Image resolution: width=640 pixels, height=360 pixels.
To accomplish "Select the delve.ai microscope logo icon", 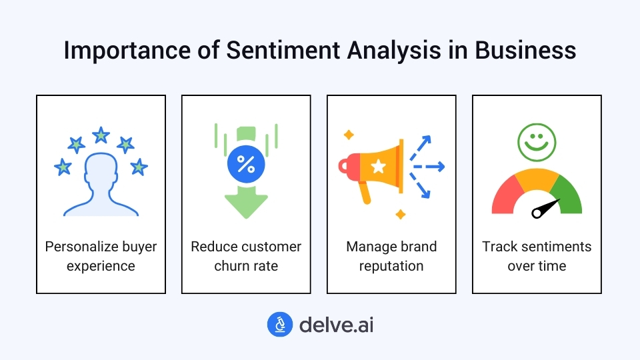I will pyautogui.click(x=280, y=325).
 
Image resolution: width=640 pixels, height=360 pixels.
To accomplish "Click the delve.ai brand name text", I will pyautogui.click(x=336, y=325).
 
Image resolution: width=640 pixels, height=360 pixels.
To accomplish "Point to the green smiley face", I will pyautogui.click(x=536, y=143).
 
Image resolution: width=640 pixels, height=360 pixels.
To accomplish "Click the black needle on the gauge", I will pyautogui.click(x=545, y=208).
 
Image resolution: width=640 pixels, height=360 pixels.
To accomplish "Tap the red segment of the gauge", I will pyautogui.click(x=505, y=193).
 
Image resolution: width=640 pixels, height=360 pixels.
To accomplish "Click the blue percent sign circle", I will pyautogui.click(x=245, y=165).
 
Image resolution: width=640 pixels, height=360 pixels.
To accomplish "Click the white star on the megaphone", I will pyautogui.click(x=378, y=166).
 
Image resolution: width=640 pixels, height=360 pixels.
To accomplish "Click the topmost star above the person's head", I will pyautogui.click(x=101, y=135).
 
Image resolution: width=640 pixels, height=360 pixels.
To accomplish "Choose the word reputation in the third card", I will pyautogui.click(x=391, y=266).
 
